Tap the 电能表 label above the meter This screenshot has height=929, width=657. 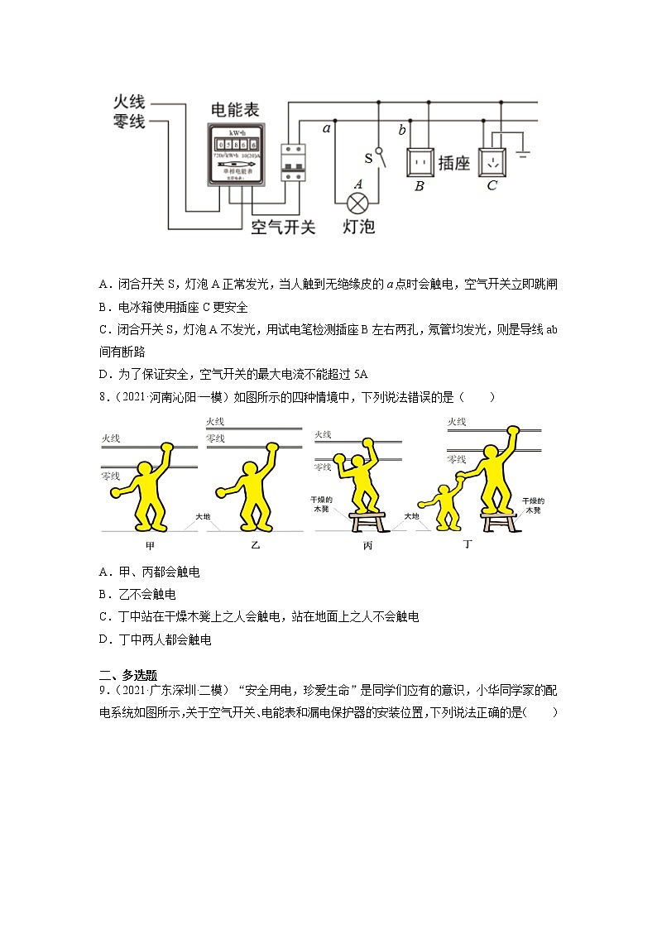235,109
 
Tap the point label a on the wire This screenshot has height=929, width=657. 326,129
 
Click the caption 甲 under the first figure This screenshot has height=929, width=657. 150,546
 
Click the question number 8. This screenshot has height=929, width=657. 102,396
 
